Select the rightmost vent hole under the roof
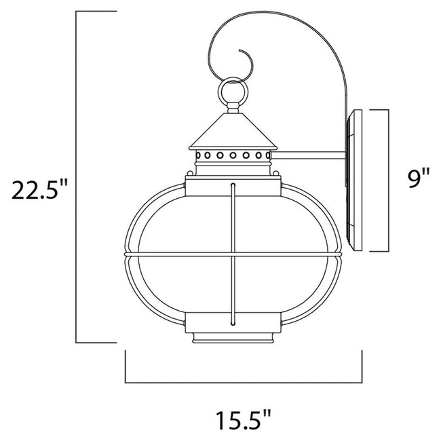tap(266, 157)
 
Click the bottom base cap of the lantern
tap(234, 337)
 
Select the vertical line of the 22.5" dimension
tap(77, 176)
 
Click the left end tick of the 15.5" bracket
tap(126, 366)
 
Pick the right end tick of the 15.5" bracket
tap(361, 366)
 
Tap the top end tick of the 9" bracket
tap(377, 109)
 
